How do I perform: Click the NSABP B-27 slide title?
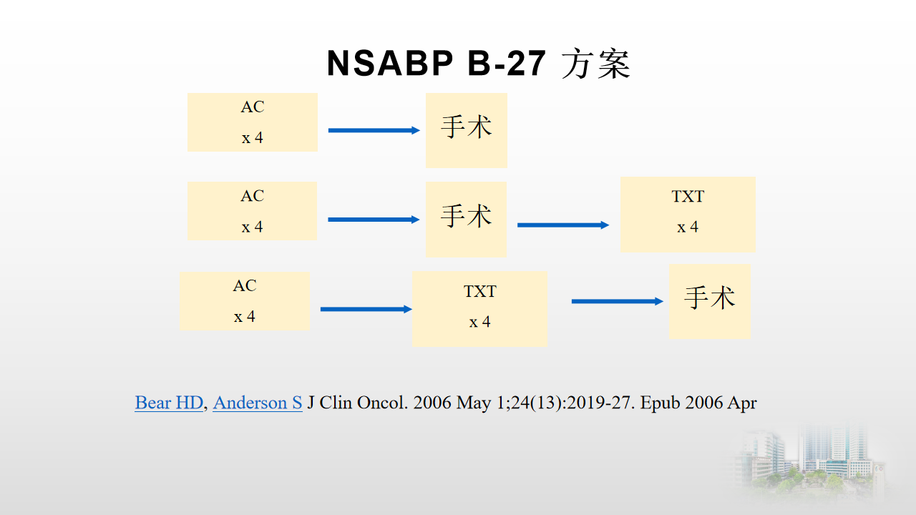[477, 64]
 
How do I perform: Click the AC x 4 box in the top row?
[252, 122]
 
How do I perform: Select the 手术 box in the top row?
[466, 130]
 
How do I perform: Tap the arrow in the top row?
[374, 130]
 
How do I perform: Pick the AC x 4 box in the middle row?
[252, 211]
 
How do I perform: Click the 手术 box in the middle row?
[466, 219]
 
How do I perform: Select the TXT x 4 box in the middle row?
[687, 215]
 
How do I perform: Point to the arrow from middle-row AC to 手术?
[374, 220]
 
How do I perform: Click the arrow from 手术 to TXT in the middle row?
[562, 225]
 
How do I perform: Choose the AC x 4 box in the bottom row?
[245, 300]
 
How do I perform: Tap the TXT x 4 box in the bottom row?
[479, 309]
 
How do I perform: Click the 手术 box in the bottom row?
[709, 301]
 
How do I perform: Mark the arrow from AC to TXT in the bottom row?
[366, 309]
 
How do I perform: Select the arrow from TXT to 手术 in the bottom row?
[617, 301]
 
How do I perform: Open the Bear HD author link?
[169, 403]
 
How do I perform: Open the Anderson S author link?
[258, 403]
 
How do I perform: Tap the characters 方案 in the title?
[595, 64]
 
